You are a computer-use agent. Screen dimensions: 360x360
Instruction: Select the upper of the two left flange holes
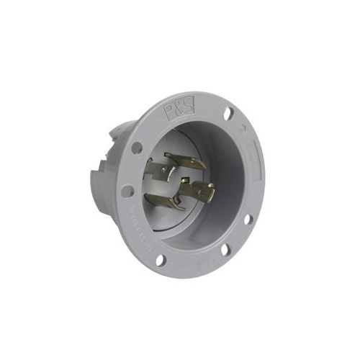pos(136,148)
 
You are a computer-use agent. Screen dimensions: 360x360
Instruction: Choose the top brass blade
pos(184,161)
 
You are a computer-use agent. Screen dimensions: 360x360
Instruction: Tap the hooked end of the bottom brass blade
pos(176,207)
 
